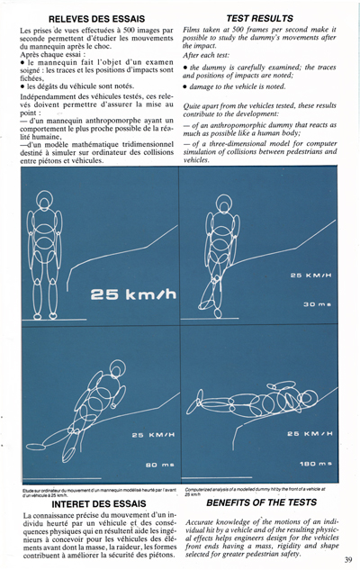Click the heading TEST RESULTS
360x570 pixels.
pyautogui.click(x=259, y=18)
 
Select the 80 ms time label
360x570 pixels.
pyautogui.click(x=144, y=464)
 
